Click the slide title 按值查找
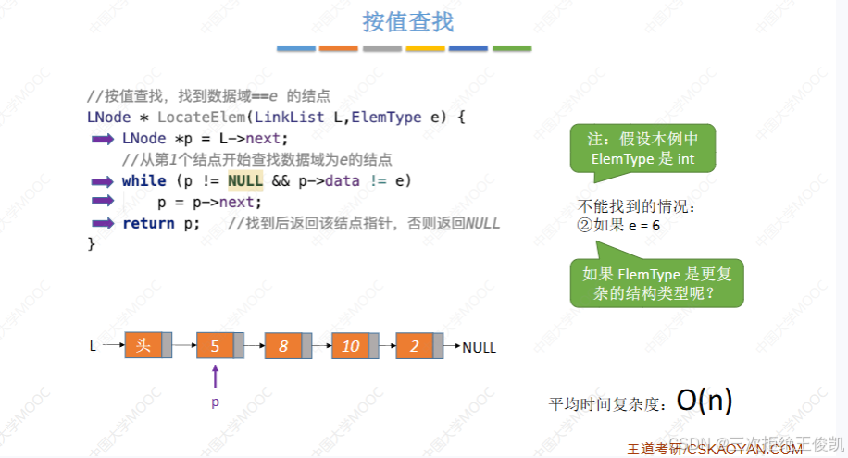click(408, 20)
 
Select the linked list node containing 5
click(215, 346)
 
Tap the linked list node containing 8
click(283, 346)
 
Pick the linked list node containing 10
click(350, 346)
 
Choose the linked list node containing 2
click(415, 346)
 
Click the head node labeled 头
click(143, 346)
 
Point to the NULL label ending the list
click(480, 348)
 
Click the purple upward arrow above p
click(215, 376)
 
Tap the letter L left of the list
click(93, 346)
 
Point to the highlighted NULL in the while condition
click(245, 180)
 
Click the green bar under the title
click(512, 47)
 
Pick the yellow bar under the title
click(426, 47)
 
